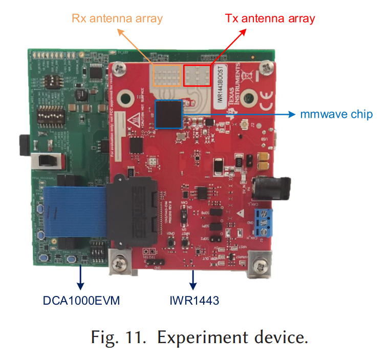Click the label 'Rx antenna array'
coord(117,19)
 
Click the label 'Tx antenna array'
coord(270,19)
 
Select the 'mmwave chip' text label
coord(336,114)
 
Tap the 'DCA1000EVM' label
coord(81,301)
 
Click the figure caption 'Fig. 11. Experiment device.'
coord(200,338)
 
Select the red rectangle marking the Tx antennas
coord(197,75)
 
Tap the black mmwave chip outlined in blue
coord(169,114)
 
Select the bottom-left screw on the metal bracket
coord(121,262)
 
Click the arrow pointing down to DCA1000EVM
coord(80,278)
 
